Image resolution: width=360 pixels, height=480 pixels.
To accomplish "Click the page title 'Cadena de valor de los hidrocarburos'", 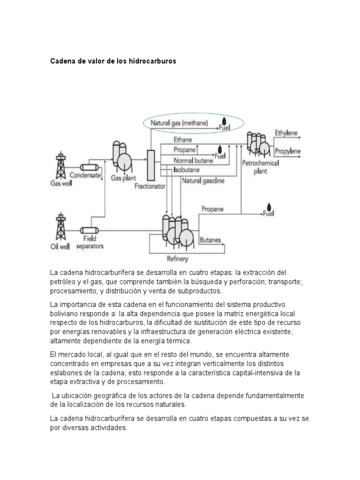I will tap(113, 61).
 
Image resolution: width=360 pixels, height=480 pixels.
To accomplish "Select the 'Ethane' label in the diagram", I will tap(183, 140).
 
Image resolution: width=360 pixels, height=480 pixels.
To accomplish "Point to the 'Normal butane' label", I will tap(193, 160).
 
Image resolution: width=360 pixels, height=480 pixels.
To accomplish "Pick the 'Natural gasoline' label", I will tap(203, 180).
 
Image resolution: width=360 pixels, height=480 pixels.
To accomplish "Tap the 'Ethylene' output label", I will tap(286, 133).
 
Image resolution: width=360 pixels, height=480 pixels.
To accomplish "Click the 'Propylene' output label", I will tap(287, 151).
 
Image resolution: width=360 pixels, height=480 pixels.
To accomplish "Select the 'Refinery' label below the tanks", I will tap(178, 258).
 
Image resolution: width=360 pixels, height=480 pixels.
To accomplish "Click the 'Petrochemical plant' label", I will tap(260, 167).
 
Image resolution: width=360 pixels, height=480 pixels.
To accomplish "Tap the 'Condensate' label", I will tap(85, 175).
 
